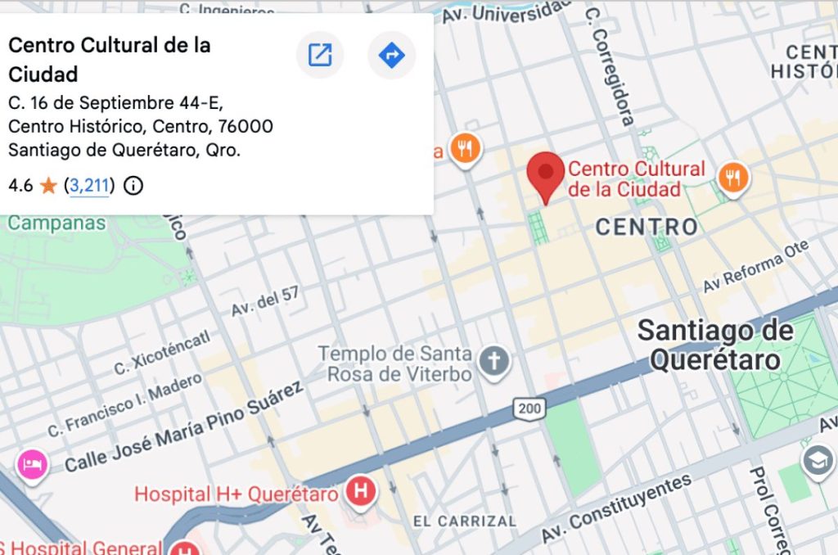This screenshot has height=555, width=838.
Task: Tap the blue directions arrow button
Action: (392, 56)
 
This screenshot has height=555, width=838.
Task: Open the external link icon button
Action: (319, 56)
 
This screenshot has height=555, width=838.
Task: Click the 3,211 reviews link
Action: (89, 186)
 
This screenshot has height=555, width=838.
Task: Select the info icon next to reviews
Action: (133, 186)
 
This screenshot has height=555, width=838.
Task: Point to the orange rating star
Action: (48, 186)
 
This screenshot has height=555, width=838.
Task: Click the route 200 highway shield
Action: (528, 407)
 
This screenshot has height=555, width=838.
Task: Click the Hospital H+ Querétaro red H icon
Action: (360, 492)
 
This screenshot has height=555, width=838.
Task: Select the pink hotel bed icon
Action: (31, 465)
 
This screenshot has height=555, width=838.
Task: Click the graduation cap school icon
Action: (818, 462)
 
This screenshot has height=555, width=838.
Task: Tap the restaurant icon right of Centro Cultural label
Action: (733, 177)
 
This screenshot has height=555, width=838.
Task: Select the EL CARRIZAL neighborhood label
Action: (464, 521)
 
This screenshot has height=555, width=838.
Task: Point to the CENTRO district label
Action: (647, 227)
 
